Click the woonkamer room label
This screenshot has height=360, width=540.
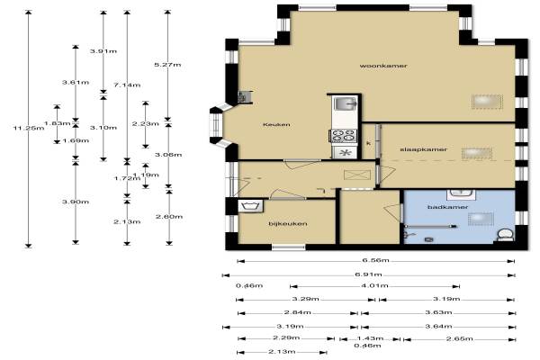(x=383, y=66)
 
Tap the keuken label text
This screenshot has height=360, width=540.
(x=276, y=124)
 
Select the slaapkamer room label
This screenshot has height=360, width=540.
(x=424, y=149)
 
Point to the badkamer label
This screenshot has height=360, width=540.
(x=447, y=207)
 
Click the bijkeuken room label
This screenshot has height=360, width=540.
(x=288, y=223)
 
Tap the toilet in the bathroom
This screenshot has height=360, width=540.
(x=505, y=235)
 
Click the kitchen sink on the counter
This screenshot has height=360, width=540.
(x=345, y=103)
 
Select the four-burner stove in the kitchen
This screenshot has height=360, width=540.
(x=343, y=135)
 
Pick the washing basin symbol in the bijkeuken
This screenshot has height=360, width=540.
(x=250, y=206)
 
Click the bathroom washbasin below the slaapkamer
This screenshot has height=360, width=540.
(x=461, y=194)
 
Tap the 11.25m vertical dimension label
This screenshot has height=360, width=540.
(x=29, y=128)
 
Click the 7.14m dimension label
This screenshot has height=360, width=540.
(x=127, y=85)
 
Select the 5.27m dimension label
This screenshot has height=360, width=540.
(x=167, y=65)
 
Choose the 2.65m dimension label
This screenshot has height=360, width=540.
(x=460, y=338)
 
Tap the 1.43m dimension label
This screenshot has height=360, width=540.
(x=370, y=338)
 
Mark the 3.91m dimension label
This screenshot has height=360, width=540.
(x=103, y=51)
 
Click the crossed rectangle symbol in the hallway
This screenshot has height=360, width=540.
(x=357, y=175)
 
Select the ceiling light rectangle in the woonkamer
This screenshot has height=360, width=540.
(x=487, y=102)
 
